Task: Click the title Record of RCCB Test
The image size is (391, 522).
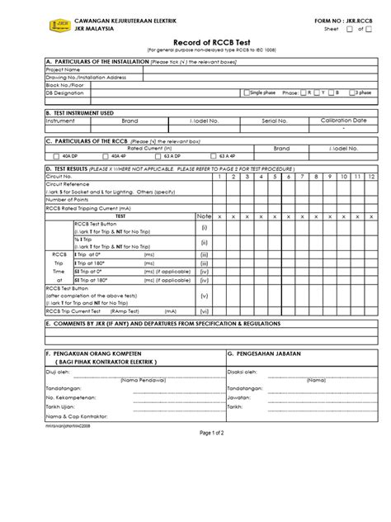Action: [195, 40]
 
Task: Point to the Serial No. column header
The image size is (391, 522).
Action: [275, 120]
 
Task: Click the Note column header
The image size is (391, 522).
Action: [204, 216]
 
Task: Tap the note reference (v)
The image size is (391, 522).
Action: [204, 295]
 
